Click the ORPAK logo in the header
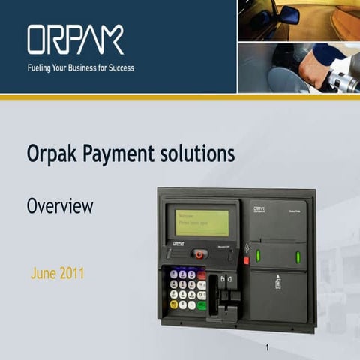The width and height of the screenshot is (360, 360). [75, 40]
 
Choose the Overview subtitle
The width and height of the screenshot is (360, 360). [60, 205]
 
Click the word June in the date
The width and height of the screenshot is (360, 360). [43, 273]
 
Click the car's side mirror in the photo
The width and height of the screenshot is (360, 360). [289, 15]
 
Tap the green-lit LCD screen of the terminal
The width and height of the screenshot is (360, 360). [202, 222]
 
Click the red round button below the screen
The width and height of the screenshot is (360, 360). [199, 253]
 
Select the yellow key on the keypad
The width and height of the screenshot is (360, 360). [174, 304]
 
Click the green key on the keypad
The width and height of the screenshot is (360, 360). [201, 304]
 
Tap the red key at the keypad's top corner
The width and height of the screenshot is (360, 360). [202, 274]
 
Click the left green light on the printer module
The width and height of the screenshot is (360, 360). [258, 256]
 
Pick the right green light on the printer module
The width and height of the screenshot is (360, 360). [298, 256]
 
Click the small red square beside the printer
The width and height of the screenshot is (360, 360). [245, 261]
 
